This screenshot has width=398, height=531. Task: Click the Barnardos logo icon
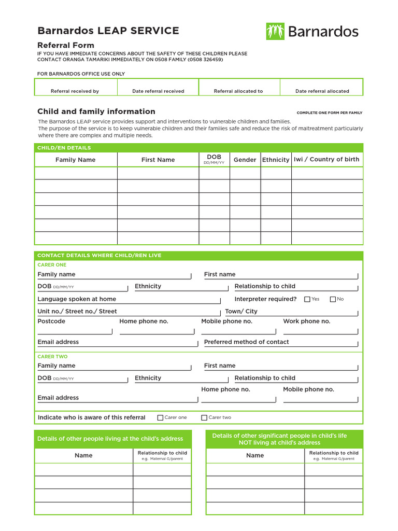(275, 32)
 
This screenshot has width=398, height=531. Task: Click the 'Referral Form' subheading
(66, 45)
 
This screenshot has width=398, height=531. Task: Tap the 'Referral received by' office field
(75, 87)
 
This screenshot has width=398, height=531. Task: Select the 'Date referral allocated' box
(322, 87)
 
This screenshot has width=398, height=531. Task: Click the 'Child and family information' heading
(96, 111)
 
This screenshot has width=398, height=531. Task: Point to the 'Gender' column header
(245, 160)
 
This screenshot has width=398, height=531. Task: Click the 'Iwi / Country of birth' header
(326, 159)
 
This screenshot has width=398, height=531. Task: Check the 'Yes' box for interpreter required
(307, 299)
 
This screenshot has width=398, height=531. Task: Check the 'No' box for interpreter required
(333, 299)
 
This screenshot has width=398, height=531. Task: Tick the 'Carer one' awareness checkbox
(160, 417)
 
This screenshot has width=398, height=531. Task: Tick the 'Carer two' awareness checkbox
(204, 417)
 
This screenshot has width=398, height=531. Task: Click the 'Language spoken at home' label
(77, 299)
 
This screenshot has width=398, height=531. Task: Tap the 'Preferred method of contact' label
(246, 342)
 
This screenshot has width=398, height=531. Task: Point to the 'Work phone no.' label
(306, 322)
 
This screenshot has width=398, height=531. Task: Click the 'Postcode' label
(51, 322)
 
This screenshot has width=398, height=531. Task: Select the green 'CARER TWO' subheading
(52, 357)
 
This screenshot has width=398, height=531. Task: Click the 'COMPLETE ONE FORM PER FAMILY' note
(329, 113)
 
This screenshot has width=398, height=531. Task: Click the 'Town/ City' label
(241, 312)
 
